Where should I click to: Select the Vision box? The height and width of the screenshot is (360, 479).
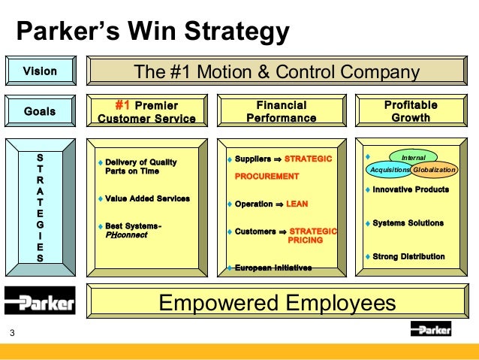coord(40,72)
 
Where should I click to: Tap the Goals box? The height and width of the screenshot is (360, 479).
coord(40,112)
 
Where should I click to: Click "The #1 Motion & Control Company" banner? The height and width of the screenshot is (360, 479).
coord(276,72)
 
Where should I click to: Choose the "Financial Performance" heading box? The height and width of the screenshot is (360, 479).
coord(281,111)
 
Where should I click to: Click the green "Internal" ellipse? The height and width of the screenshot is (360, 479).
coord(413,158)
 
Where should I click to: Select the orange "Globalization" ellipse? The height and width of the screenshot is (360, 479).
coord(434,170)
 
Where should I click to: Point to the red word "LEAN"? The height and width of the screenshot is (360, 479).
coord(297,204)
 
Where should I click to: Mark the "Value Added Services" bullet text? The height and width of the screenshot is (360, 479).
coord(147,198)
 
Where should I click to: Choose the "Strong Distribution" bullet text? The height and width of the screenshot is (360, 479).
coord(408,256)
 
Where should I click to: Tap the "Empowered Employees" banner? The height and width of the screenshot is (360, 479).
coord(276,303)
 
